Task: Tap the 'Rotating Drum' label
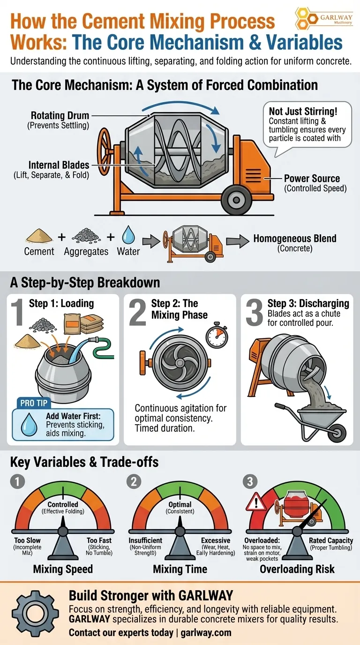60,115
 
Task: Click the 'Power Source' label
312,179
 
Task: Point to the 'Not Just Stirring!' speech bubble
307,125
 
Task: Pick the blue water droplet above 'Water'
128,234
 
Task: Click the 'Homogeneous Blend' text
295,238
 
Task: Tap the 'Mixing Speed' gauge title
63,569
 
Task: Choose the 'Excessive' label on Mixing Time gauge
215,540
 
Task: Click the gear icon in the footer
34,613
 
